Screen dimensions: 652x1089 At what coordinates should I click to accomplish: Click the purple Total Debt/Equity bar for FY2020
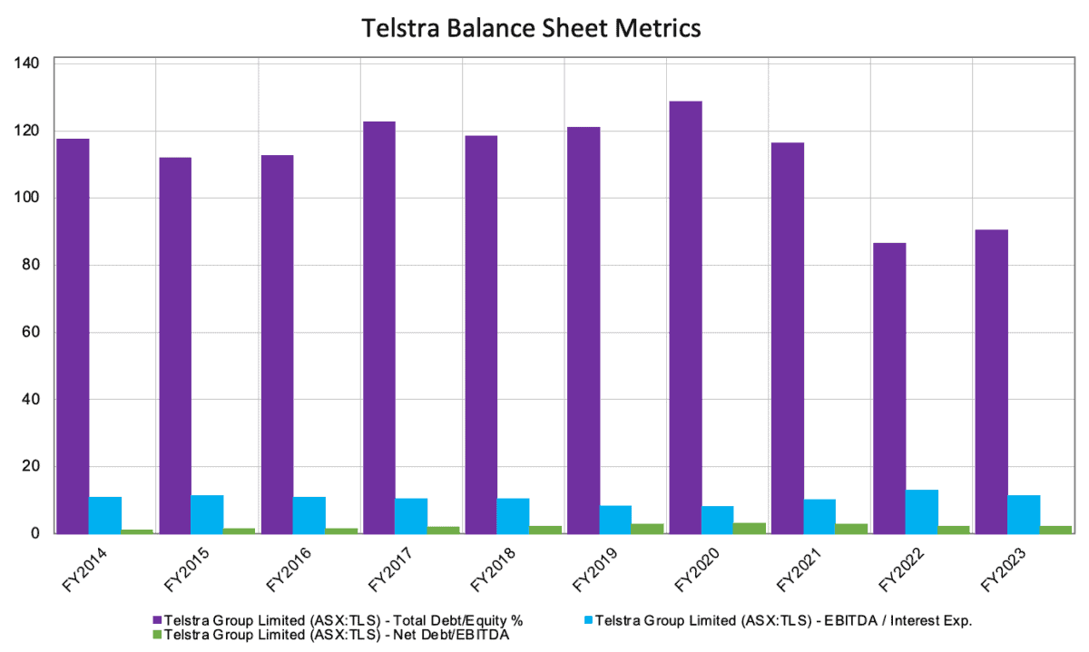point(684,317)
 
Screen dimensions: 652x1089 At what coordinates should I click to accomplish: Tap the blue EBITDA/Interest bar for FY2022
point(921,511)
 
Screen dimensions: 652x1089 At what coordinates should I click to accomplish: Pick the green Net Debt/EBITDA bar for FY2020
point(750,528)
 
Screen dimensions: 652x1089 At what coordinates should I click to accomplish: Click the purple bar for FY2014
point(72,336)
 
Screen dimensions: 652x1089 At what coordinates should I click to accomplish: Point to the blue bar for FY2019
point(615,520)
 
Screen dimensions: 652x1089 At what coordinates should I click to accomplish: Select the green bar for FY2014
point(137,531)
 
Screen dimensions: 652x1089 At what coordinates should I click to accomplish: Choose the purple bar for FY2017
point(378,327)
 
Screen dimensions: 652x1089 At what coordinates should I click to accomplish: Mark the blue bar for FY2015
point(207,514)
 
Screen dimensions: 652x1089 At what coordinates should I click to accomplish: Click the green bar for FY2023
point(1055,530)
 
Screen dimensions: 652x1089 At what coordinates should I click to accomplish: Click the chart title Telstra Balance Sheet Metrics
point(532,28)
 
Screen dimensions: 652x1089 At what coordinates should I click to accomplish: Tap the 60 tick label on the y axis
point(33,333)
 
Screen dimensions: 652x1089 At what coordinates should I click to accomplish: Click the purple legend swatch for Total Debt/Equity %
point(157,620)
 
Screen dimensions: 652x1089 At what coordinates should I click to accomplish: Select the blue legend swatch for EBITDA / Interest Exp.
point(587,620)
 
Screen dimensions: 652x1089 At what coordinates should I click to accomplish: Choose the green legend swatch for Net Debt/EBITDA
point(157,635)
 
